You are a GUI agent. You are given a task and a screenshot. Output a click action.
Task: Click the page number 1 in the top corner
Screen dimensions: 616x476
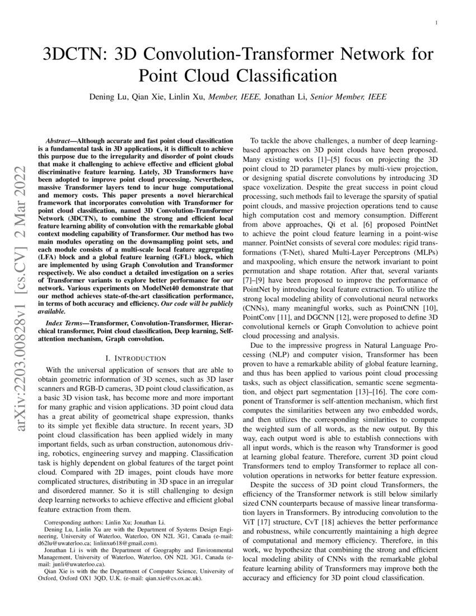[x=436, y=22]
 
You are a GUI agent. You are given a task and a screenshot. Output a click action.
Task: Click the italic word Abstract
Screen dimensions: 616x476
[x=58, y=139]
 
